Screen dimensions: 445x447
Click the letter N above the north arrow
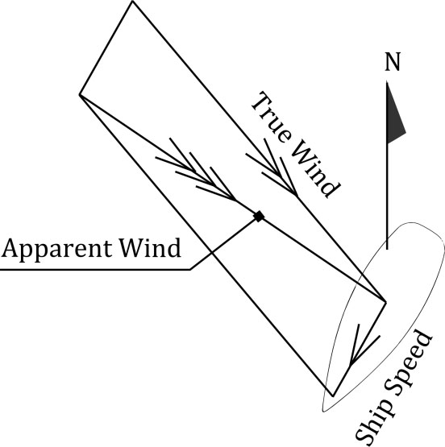coord(393,62)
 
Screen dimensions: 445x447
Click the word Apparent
coord(56,249)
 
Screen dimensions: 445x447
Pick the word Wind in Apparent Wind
coord(150,247)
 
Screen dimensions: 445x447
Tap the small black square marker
coord(259,216)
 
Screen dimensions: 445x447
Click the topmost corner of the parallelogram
coord(132,1)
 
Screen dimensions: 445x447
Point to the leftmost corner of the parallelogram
coord(79,94)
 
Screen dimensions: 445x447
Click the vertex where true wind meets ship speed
coord(385,301)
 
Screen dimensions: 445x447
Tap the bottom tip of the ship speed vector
coord(333,395)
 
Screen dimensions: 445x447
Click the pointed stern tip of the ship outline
coord(323,412)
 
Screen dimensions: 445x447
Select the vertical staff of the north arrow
coord(387,165)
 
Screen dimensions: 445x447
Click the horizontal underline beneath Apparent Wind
coord(95,269)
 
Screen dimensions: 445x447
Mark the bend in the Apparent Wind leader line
coord(190,269)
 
